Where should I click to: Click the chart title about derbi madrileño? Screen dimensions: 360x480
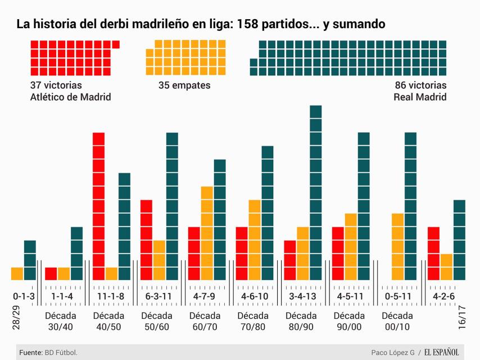[x=201, y=24]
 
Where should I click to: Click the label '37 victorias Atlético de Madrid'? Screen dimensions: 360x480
[x=70, y=91]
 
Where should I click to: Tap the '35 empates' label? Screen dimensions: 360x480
[x=184, y=85]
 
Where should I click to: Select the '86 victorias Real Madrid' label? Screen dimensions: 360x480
[x=420, y=91]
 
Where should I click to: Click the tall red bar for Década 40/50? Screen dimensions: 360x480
[x=98, y=206]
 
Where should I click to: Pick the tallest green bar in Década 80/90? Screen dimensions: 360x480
[x=315, y=192]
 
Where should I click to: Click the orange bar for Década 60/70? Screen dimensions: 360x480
[x=207, y=233]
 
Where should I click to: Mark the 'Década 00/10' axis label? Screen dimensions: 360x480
[x=397, y=321]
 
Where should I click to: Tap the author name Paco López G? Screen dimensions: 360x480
[x=392, y=353]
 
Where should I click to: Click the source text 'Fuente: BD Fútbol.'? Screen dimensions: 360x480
[x=48, y=353]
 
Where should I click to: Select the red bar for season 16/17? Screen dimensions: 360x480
[x=433, y=253]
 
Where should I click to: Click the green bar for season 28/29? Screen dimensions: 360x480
[x=30, y=260]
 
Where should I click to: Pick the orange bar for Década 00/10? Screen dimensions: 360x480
[x=397, y=246]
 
